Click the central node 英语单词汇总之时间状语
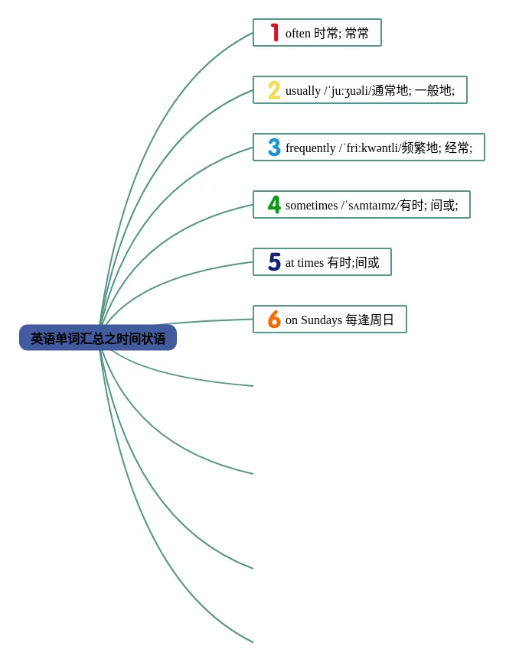pyautogui.click(x=98, y=338)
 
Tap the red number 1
pyautogui.click(x=275, y=33)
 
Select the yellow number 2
pyautogui.click(x=274, y=90)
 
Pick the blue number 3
pyautogui.click(x=274, y=148)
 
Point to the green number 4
pyautogui.click(x=274, y=205)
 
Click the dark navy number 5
pyautogui.click(x=274, y=262)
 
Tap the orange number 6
pyautogui.click(x=274, y=320)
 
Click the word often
pyautogui.click(x=298, y=34)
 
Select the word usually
pyautogui.click(x=303, y=91)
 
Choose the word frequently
pyautogui.click(x=311, y=148)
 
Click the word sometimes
pyautogui.click(x=312, y=206)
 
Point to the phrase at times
pyautogui.click(x=305, y=263)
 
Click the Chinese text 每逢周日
pyautogui.click(x=370, y=320)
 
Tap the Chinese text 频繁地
pyautogui.click(x=420, y=148)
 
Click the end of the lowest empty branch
pyautogui.click(x=252, y=641)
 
